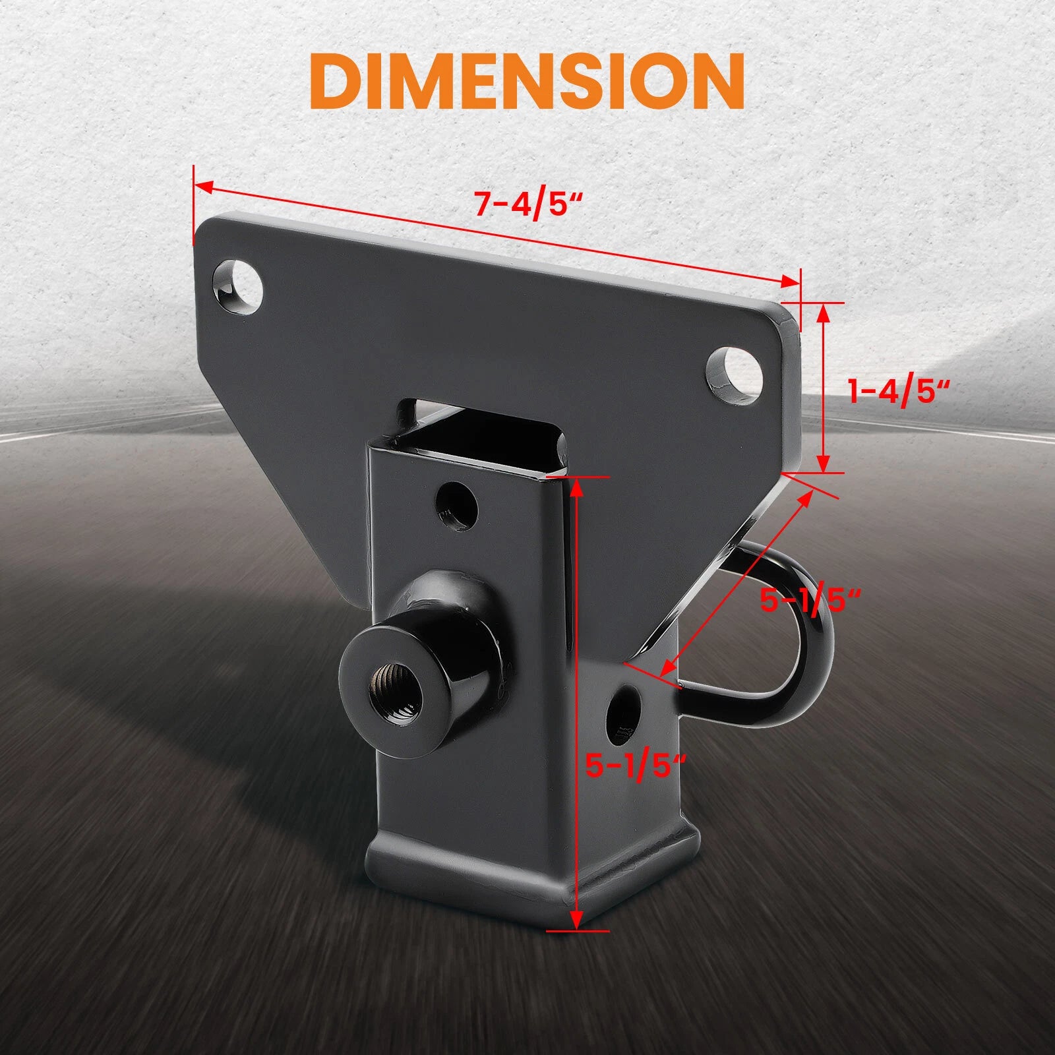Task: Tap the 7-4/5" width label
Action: [x=529, y=204]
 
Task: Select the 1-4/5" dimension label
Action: [x=899, y=392]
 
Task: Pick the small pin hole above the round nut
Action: [x=457, y=504]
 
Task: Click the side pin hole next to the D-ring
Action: [x=625, y=711]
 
